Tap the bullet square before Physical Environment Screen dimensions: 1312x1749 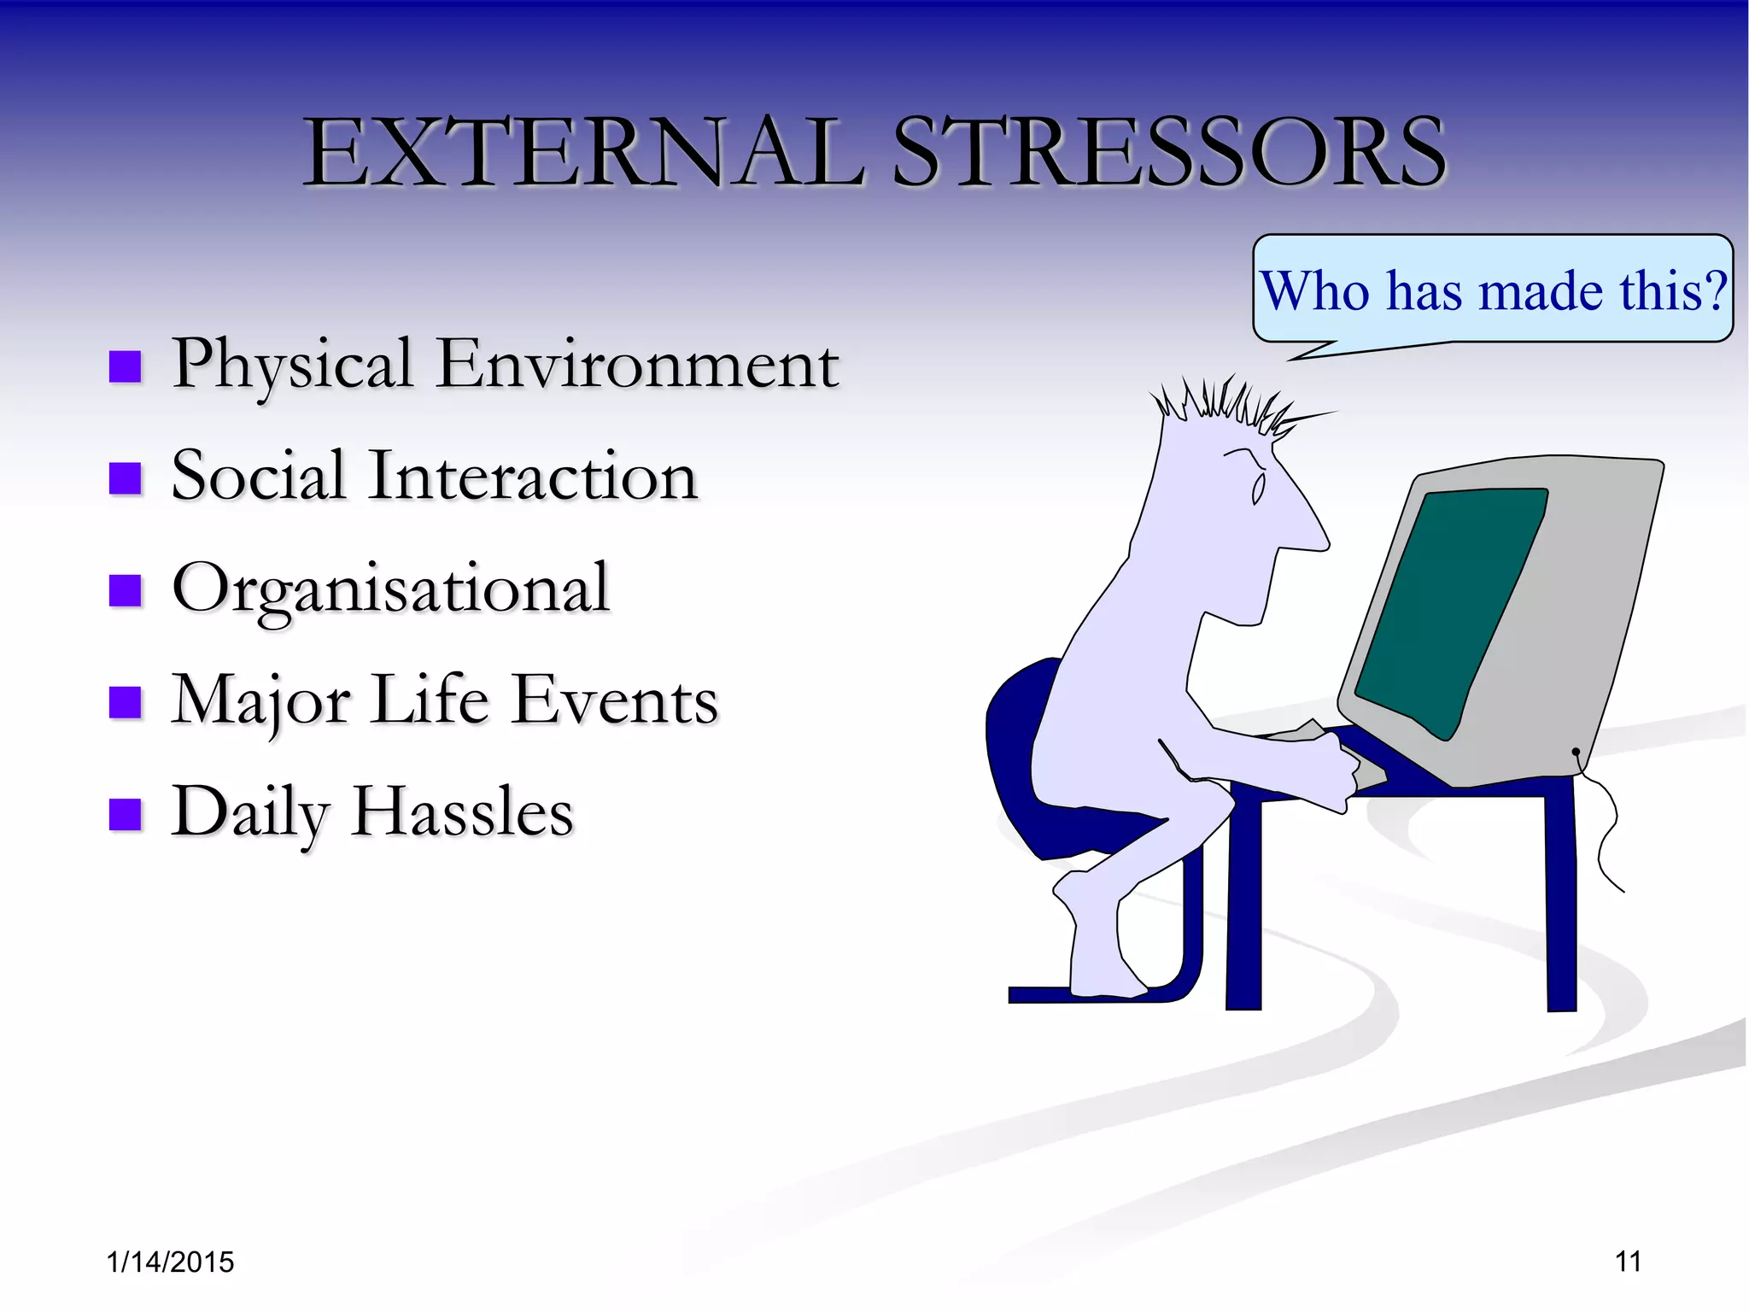pos(126,367)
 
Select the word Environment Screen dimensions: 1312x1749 pos(637,364)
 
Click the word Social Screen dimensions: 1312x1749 pos(258,476)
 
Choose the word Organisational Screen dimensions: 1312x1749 pos(391,589)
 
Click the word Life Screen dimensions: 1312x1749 pos(430,700)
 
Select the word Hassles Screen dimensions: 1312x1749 pos(462,812)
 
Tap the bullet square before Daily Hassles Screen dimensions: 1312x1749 pos(126,815)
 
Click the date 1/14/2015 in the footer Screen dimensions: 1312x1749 pos(170,1262)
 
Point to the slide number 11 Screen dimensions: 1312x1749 pos(1628,1262)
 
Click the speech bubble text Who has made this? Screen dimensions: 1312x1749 pos(1493,291)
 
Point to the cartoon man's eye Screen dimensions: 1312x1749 pos(1258,489)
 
